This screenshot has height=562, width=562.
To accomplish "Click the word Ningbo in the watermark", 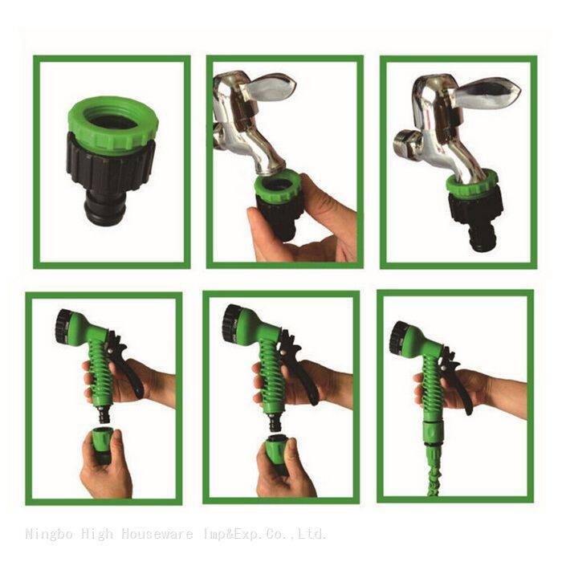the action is pos(49,534).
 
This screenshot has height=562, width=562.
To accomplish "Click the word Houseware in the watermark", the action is pos(157,534).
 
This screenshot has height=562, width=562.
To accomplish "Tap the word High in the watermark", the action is pos(97,534).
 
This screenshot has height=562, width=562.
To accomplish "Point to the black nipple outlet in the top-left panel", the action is pos(104,210).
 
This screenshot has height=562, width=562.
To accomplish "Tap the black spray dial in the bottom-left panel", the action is pos(63,327).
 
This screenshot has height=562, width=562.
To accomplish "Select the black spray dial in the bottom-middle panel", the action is pos(230,324).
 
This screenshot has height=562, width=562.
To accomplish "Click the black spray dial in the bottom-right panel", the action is pos(397,339).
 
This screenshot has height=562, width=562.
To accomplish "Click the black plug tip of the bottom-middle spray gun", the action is pos(275,422).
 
